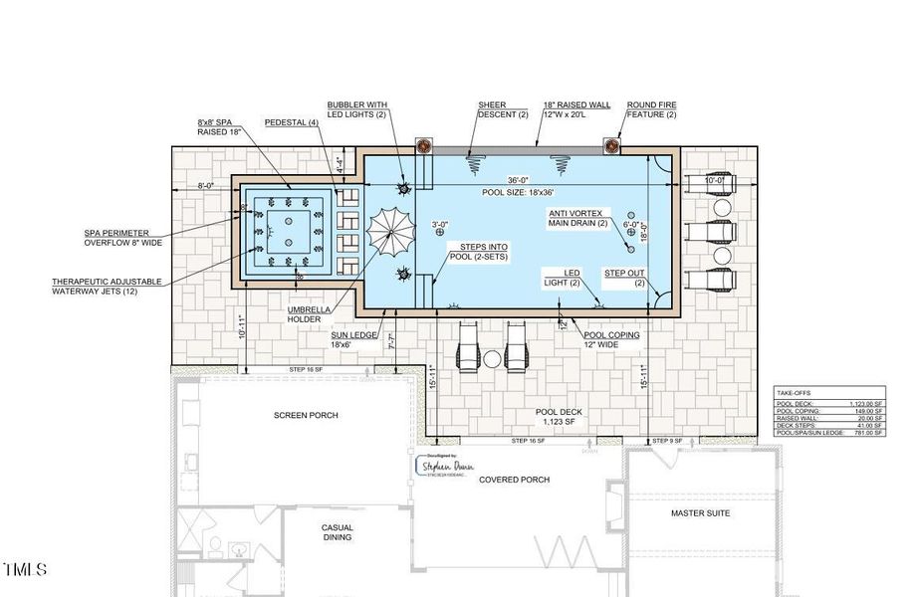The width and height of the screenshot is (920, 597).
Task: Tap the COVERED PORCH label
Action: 514,480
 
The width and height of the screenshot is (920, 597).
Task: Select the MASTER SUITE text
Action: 701,513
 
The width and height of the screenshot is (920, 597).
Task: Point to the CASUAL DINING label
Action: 338,532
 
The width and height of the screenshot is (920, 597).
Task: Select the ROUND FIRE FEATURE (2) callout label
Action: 651,109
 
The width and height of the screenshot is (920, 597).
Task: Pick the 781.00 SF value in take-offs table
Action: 862,433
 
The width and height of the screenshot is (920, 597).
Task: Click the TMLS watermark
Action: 25,570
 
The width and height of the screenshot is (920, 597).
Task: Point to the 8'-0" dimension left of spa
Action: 205,185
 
